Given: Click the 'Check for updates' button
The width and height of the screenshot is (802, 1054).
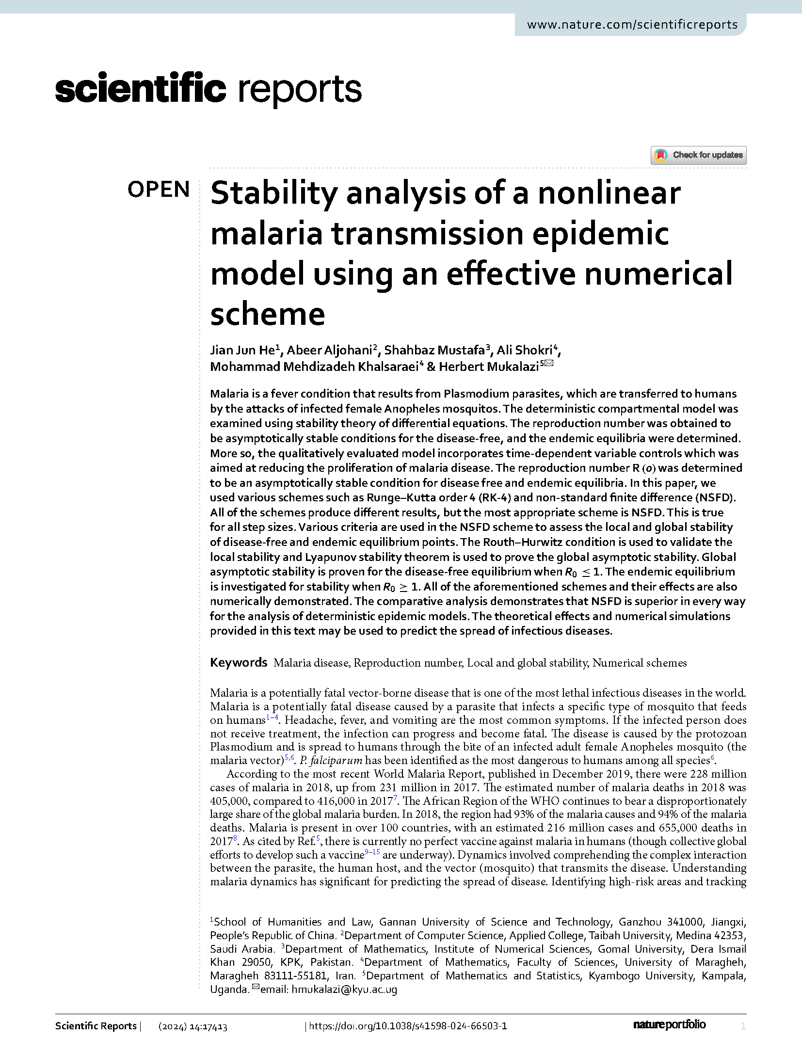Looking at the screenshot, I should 698,155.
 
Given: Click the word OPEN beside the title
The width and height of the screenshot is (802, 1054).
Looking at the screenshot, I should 159,189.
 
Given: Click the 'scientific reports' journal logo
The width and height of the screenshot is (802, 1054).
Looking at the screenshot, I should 209,89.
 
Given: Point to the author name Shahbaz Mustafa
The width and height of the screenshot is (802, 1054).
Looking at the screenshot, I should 434,350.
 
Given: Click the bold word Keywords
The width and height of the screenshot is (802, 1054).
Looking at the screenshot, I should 239,662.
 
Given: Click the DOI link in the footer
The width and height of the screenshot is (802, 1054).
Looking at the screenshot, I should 408,1026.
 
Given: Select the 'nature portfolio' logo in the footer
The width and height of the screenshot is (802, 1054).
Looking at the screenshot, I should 669,1024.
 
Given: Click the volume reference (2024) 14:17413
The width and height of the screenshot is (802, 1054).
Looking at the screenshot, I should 193,1026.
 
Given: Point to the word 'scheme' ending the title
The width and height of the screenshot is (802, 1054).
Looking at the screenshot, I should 268,314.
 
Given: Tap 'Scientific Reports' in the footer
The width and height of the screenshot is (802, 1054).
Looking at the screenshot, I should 96,1026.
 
